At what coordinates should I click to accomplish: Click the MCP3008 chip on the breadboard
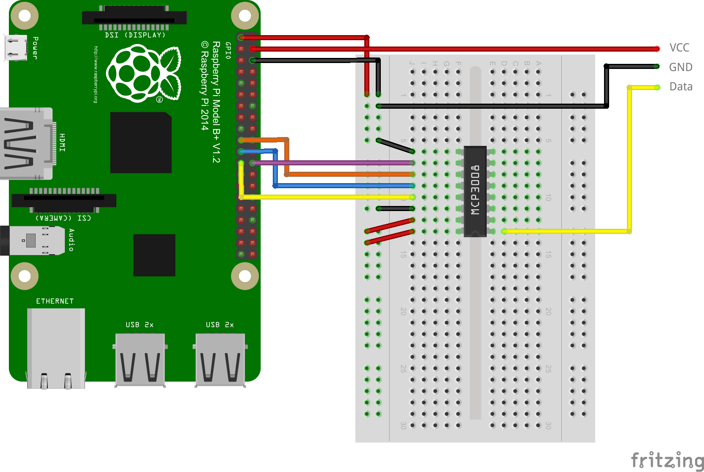coord(475,191)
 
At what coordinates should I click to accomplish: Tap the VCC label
coord(679,48)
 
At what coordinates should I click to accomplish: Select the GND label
coord(680,67)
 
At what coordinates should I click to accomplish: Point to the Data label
coord(681,87)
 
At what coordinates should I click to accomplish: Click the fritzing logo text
coord(667,460)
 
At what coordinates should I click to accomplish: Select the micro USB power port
coord(16,48)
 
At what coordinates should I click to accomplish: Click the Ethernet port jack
coord(56,348)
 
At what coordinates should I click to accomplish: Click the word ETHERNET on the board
coord(55,301)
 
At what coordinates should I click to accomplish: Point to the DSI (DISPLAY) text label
coord(135,35)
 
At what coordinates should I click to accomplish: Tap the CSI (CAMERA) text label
coord(63,218)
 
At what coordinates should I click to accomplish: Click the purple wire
coord(330,163)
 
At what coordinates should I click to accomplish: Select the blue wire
coord(343,186)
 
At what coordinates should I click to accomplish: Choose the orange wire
coord(347,174)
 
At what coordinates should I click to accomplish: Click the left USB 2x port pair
coord(140,359)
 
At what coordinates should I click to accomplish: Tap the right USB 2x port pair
coord(220,359)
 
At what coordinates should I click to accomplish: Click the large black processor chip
coord(141,143)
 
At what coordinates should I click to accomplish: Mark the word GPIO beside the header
coord(228,50)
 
